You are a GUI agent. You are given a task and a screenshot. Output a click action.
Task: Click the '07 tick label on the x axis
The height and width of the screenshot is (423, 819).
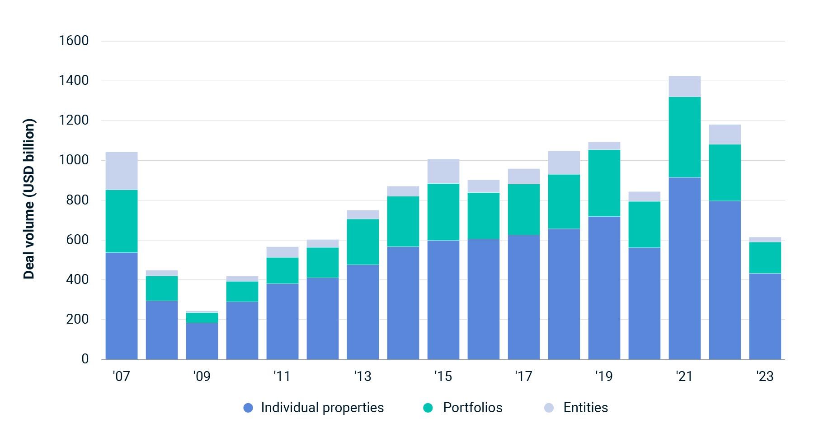tap(121, 376)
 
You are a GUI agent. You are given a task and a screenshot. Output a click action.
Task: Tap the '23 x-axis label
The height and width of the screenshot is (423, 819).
tap(765, 376)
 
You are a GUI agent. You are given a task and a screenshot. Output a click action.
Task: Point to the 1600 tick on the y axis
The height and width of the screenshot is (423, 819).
tap(74, 41)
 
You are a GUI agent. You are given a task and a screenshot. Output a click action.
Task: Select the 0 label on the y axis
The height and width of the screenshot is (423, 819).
tap(85, 359)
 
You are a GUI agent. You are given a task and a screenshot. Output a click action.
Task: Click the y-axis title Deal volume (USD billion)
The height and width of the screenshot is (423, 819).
tap(29, 199)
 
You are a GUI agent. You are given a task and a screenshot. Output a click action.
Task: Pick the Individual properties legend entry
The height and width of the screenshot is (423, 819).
tap(322, 408)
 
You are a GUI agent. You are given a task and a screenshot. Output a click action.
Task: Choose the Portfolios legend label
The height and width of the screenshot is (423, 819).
tap(472, 408)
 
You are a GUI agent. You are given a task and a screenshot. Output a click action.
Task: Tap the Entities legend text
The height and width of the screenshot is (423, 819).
tap(585, 408)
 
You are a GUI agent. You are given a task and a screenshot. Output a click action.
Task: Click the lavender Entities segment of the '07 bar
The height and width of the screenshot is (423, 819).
tap(122, 171)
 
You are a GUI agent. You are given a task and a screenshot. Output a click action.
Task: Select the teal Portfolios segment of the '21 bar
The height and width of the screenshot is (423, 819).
tap(684, 137)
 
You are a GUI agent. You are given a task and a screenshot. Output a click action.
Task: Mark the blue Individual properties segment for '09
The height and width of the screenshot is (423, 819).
tap(202, 341)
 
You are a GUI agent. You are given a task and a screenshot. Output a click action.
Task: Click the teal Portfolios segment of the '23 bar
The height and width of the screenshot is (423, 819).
tap(765, 258)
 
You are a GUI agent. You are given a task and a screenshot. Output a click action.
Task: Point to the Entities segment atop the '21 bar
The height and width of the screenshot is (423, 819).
tap(684, 87)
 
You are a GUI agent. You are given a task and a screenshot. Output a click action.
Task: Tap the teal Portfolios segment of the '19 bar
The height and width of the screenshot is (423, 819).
tap(604, 183)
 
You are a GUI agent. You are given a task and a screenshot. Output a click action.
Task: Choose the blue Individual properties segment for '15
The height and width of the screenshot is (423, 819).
tap(443, 300)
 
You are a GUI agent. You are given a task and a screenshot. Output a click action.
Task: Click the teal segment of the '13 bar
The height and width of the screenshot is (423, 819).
tap(363, 242)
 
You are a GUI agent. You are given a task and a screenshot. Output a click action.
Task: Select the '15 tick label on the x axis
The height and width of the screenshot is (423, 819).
tap(443, 376)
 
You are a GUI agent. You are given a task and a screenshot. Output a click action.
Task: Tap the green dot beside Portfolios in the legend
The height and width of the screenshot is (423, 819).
tap(428, 408)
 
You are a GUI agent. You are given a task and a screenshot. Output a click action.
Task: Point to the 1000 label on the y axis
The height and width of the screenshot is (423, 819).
tap(74, 160)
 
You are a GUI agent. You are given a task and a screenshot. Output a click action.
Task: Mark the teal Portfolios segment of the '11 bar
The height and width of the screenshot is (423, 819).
tap(282, 271)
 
